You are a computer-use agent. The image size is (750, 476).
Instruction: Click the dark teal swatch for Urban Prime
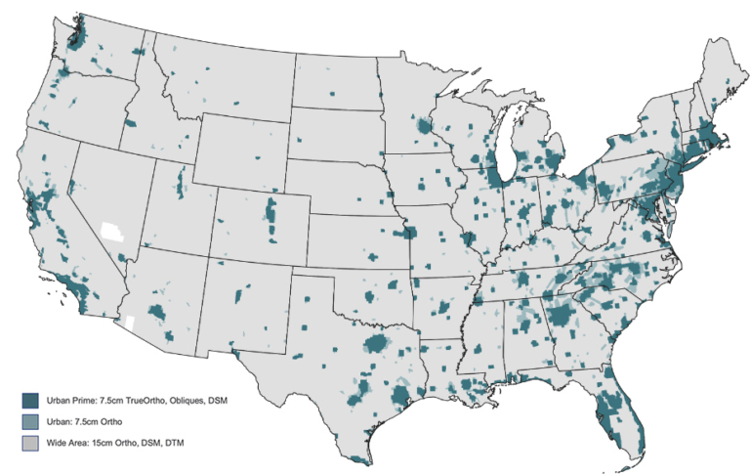click(31, 399)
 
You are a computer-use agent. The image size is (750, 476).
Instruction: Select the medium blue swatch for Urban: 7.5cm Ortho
click(31, 421)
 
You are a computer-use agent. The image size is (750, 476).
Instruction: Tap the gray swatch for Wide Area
click(31, 444)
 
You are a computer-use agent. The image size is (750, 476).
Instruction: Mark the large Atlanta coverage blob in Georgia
click(563, 317)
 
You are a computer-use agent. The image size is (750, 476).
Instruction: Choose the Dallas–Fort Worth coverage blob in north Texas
click(377, 343)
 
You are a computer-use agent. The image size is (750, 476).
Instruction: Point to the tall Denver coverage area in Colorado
click(271, 217)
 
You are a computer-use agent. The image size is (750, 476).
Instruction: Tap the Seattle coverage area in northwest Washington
click(77, 39)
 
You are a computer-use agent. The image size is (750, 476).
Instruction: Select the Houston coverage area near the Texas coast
click(401, 396)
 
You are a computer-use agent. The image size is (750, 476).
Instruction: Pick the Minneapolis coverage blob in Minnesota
click(424, 126)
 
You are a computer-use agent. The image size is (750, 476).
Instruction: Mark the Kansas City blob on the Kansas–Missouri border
click(410, 233)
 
